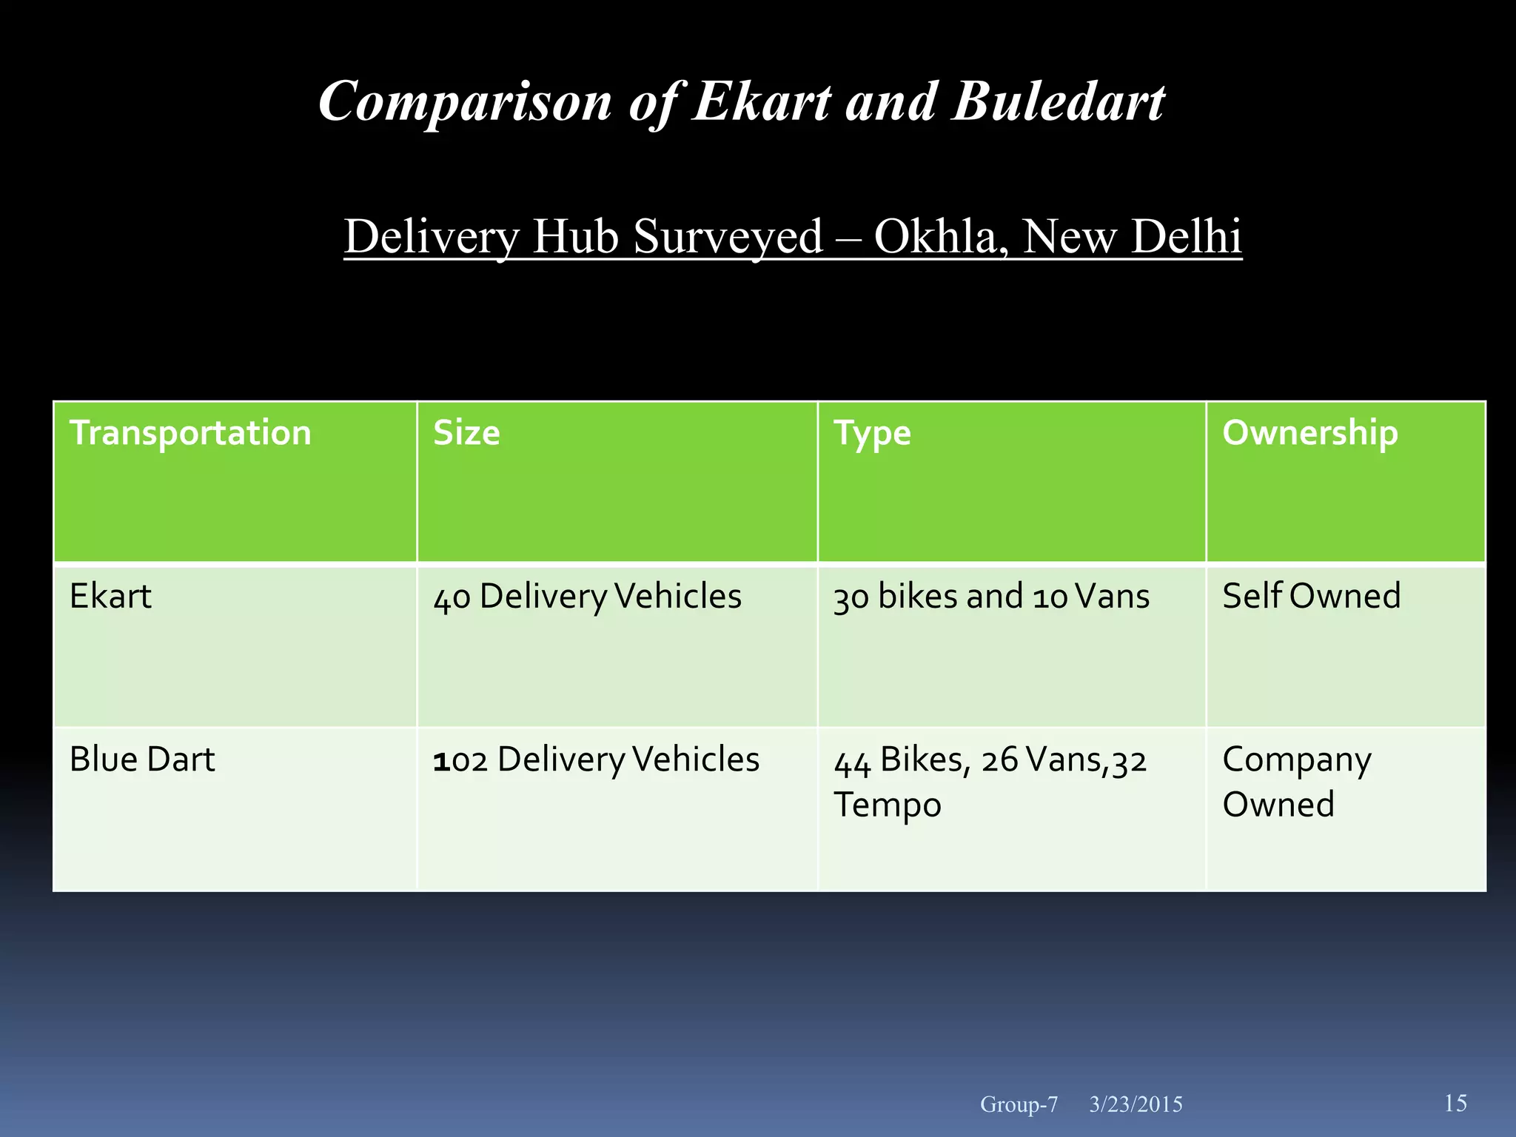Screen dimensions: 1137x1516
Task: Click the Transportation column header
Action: [190, 433]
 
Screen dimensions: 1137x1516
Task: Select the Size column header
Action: [466, 433]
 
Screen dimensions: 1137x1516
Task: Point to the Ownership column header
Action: [1309, 433]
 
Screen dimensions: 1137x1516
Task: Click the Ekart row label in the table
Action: [110, 596]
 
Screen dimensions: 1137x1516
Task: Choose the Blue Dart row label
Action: [142, 759]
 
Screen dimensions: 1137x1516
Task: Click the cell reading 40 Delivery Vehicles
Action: [587, 597]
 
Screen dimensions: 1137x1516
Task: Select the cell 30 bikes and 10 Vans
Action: [991, 597]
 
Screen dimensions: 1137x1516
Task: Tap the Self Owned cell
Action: [1311, 596]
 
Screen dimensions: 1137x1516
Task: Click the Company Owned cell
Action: [1296, 782]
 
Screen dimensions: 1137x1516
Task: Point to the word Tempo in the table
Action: [887, 805]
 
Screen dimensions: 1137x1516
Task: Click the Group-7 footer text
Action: [1019, 1104]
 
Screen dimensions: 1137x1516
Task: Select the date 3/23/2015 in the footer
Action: [1136, 1104]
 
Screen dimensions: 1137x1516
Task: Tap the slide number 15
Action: [1455, 1103]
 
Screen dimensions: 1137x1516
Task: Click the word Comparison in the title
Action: [465, 102]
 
